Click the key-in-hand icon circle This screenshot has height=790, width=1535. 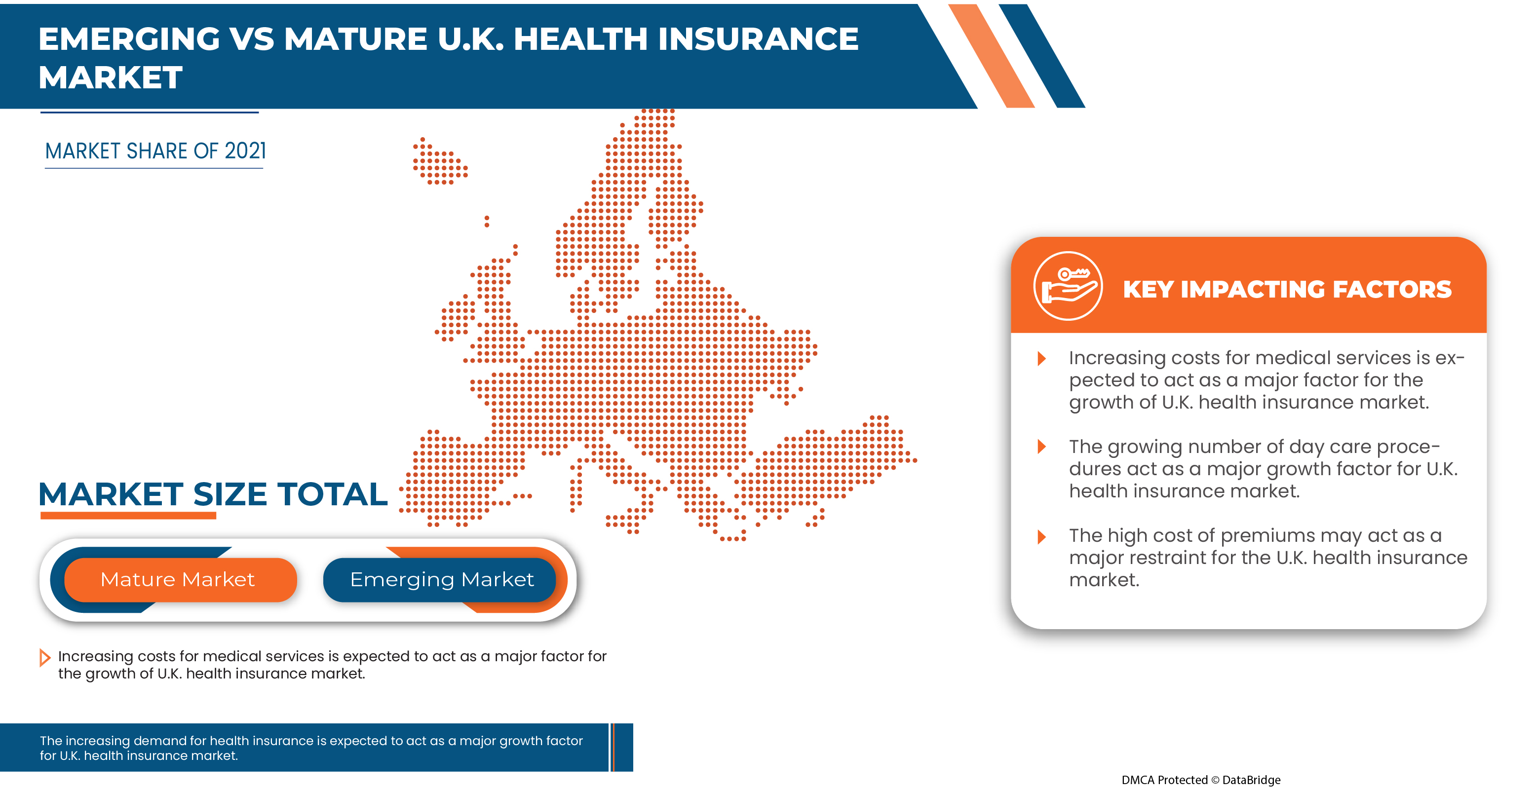click(1068, 286)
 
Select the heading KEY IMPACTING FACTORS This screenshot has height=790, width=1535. click(1287, 290)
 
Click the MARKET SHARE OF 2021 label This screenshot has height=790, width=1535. click(155, 151)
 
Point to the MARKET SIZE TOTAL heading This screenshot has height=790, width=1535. click(213, 494)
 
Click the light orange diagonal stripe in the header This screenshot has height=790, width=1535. click(991, 57)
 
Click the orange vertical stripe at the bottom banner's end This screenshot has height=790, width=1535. click(613, 747)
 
